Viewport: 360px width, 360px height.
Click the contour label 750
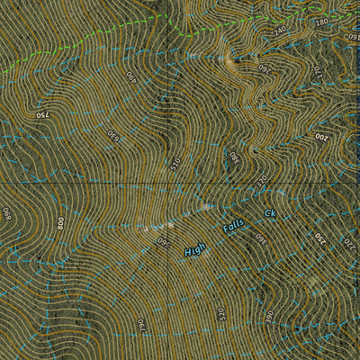pyautogui.click(x=41, y=114)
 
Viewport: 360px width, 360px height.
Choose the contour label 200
pyautogui.click(x=321, y=137)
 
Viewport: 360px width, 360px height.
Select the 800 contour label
pyautogui.click(x=61, y=221)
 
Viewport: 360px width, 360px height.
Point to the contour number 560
pyautogui.click(x=164, y=239)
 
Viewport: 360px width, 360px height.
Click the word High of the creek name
pyautogui.click(x=194, y=248)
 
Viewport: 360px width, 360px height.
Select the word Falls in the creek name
pyautogui.click(x=232, y=228)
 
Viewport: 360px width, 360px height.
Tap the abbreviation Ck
pyautogui.click(x=268, y=213)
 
